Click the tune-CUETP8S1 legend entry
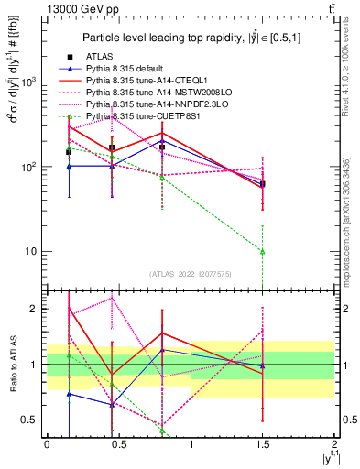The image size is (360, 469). point(141,117)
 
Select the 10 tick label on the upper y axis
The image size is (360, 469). point(31,252)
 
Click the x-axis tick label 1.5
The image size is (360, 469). point(263,445)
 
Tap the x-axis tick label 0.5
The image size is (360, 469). point(119,445)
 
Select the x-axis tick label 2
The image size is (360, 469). point(335,445)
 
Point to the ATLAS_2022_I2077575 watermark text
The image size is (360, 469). point(191,273)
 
